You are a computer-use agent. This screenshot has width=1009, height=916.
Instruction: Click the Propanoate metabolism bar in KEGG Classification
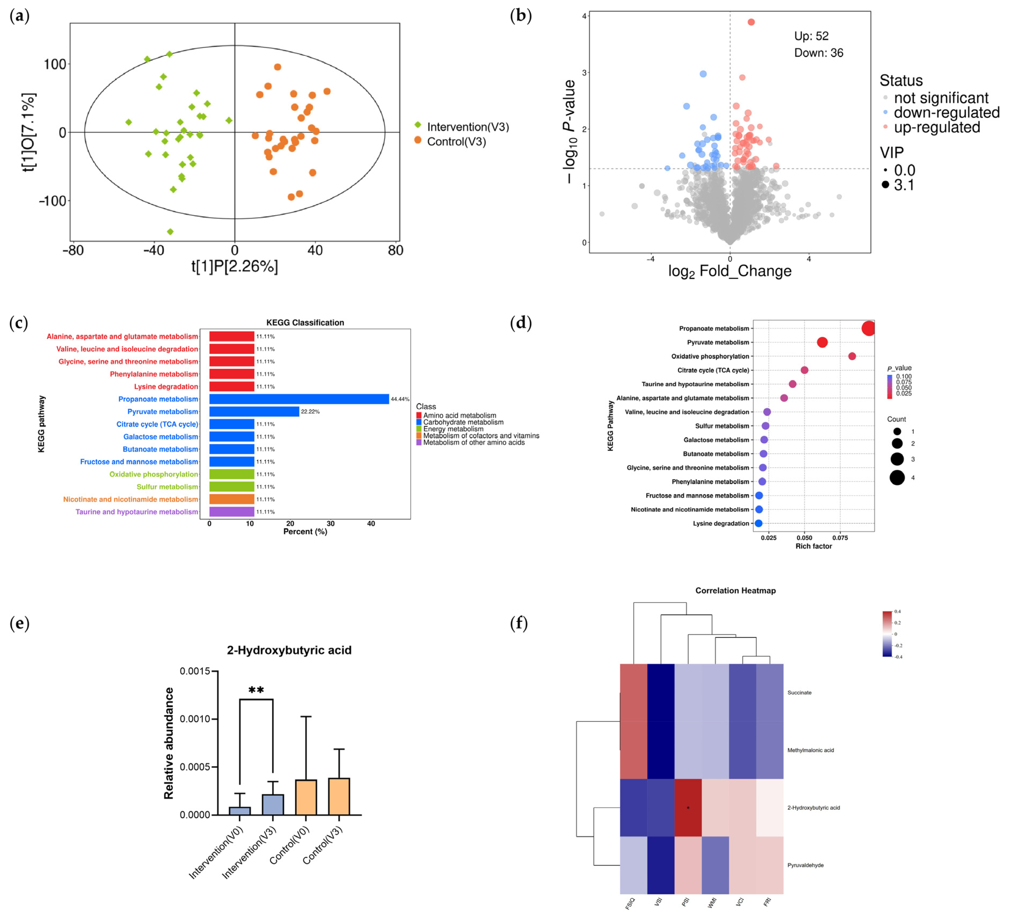tap(299, 399)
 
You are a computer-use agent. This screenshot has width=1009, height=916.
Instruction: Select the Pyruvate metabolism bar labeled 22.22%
tap(254, 411)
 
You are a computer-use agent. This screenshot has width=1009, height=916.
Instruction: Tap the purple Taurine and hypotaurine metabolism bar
tap(231, 511)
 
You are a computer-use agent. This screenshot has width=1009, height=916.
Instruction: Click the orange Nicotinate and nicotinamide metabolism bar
tap(231, 499)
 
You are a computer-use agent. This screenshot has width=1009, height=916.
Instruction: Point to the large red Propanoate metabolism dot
tap(868, 328)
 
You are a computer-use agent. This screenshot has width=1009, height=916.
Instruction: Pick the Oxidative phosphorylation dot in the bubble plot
tap(852, 356)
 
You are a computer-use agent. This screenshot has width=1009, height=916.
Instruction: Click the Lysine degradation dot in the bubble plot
tap(758, 523)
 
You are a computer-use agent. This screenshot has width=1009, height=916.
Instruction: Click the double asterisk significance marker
tap(256, 690)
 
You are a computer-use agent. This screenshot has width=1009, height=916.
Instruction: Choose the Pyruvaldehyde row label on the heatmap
tap(805, 865)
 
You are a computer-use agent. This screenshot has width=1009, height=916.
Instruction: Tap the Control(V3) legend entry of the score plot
tap(456, 141)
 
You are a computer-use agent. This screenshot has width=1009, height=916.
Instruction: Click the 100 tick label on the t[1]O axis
tap(55, 64)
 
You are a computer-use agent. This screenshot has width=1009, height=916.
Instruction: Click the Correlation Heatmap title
tap(735, 590)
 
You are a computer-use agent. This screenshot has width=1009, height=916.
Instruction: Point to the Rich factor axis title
tap(813, 546)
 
